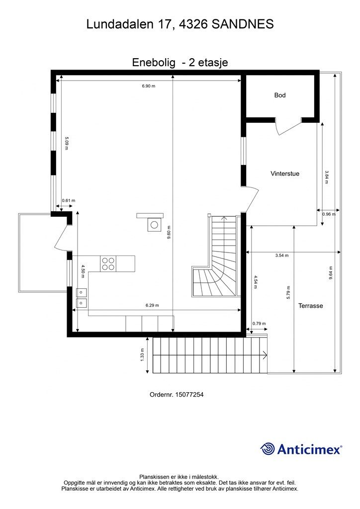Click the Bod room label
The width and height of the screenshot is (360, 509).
point(280,95)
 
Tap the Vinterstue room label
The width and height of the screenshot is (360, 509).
point(285,173)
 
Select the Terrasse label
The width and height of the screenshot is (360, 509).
point(310,306)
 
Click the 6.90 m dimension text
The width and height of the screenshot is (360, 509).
point(148,86)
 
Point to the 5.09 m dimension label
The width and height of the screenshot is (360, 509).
point(66,143)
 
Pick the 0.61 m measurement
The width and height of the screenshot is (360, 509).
point(69,200)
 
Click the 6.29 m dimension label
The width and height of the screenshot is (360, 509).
point(152,305)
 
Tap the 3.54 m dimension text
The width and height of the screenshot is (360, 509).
point(282,255)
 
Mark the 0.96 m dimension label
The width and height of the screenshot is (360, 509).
point(329,214)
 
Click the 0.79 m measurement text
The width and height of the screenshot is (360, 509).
point(259,323)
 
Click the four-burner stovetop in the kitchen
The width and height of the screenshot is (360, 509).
point(108,263)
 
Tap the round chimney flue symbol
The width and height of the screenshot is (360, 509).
point(154,225)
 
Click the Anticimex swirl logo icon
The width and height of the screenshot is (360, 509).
point(268,449)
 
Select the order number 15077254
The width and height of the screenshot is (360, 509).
point(189,395)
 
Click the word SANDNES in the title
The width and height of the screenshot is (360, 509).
point(243,24)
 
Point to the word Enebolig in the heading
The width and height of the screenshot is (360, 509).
point(154,62)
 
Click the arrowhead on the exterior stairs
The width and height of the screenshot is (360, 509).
point(266,355)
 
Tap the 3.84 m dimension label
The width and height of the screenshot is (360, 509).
point(327,177)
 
